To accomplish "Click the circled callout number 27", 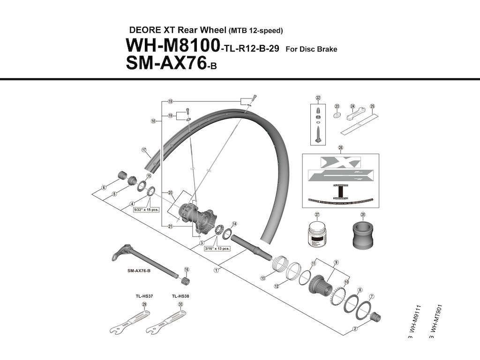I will tap(316, 215).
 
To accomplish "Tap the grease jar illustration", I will tap(316, 233).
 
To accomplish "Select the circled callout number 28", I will tap(363, 215).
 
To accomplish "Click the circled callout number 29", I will tap(144, 305).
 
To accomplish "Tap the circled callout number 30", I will tap(180, 305).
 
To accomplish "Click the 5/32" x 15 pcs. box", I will tap(146, 210).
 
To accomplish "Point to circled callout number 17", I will tap(144, 150).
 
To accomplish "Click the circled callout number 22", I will tap(318, 98).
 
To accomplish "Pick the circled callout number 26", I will tap(340, 148).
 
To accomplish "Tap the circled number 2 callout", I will tap(355, 329).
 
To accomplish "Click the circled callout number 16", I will tap(187, 270).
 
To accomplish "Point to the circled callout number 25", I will tap(372, 106).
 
